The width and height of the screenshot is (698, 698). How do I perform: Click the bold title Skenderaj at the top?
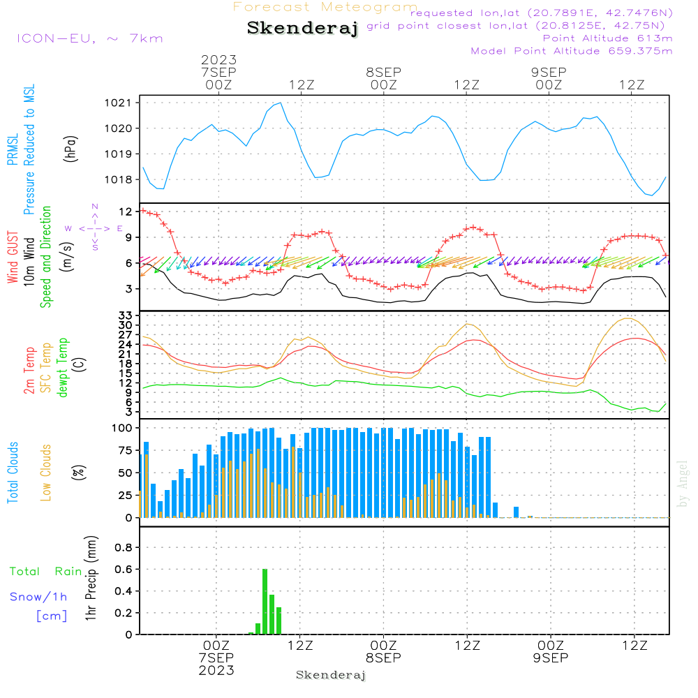(x=302, y=29)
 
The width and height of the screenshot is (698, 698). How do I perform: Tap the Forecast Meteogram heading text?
(x=325, y=7)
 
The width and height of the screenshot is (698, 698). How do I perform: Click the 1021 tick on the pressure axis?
(x=122, y=103)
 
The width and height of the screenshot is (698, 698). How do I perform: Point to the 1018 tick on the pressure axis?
(x=122, y=179)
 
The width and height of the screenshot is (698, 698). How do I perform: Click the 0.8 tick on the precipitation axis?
(x=123, y=547)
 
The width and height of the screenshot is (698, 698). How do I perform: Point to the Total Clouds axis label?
(x=13, y=473)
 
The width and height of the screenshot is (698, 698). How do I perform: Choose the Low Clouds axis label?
(x=46, y=473)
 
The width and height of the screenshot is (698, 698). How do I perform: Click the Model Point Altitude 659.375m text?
(x=572, y=51)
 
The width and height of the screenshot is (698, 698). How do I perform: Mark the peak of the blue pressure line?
(x=280, y=103)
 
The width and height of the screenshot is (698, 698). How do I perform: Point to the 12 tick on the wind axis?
(x=126, y=211)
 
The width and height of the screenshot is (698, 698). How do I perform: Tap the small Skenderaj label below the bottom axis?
(x=331, y=675)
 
